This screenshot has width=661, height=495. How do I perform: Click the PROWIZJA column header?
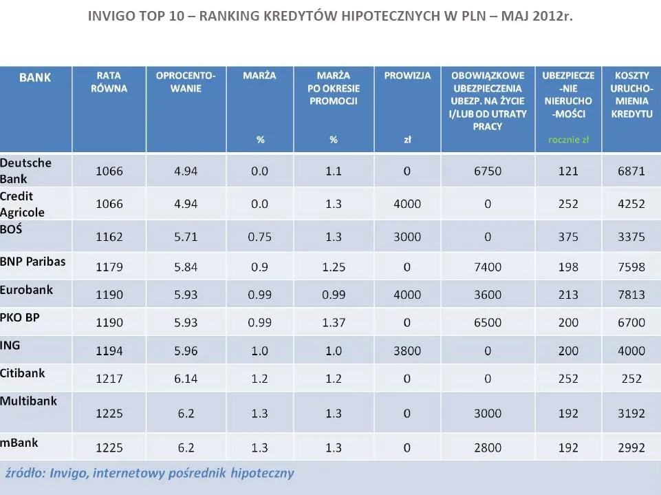tap(407, 76)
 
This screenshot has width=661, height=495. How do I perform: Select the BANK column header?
tap(35, 77)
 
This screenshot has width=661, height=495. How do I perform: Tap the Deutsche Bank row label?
tap(25, 170)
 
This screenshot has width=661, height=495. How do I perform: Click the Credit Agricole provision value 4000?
tap(407, 204)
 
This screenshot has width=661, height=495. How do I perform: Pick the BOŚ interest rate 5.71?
tap(186, 237)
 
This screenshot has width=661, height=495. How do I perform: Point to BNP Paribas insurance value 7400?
tap(488, 267)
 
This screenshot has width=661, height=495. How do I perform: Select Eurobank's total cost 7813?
tap(631, 295)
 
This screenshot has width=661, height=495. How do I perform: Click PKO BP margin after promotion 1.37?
tap(333, 322)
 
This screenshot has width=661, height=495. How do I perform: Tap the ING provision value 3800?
tap(407, 351)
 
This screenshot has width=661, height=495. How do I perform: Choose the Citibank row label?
tap(23, 372)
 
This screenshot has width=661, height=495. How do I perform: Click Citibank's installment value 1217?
tap(109, 379)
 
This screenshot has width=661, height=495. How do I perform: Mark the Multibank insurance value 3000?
tap(488, 414)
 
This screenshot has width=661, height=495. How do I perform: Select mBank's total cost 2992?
tap(631, 448)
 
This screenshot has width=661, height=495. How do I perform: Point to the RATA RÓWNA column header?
tap(109, 82)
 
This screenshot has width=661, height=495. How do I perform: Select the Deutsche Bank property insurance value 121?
tap(568, 171)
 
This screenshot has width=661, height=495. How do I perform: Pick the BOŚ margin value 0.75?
tap(259, 237)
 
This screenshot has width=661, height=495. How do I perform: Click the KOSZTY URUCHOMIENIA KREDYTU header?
tap(631, 94)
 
